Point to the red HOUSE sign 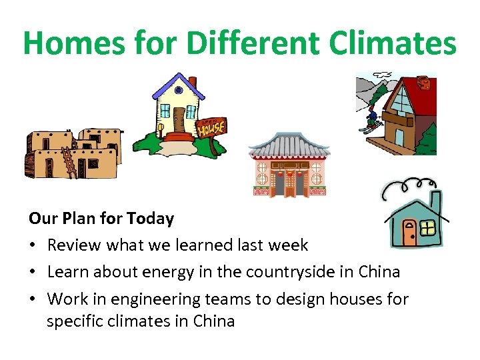tap(211, 127)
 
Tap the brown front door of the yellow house tap(179, 119)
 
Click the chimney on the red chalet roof tap(423, 83)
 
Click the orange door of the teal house tap(409, 231)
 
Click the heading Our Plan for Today tap(101, 219)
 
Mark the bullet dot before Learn tap(33, 273)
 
